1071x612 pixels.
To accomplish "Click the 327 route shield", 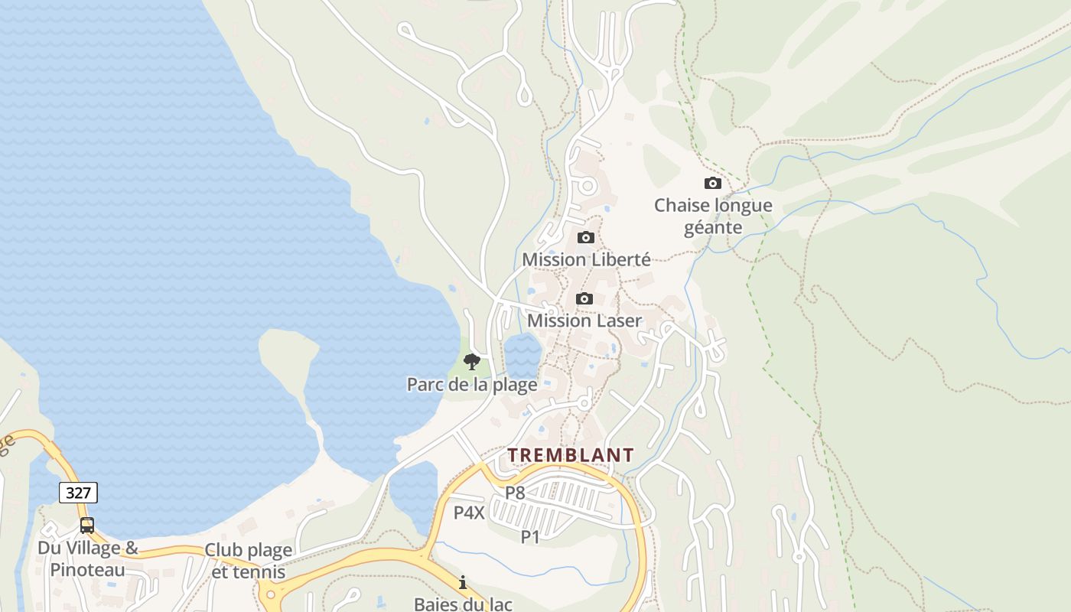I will click(78, 493).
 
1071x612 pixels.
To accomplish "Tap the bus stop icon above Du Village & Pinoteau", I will click(87, 526).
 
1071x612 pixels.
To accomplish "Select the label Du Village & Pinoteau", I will click(88, 558).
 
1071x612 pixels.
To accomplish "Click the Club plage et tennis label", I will click(248, 561).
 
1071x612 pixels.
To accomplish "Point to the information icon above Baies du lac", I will click(463, 583).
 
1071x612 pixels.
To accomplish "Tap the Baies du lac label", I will click(463, 604).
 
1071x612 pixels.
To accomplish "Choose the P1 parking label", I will click(530, 537).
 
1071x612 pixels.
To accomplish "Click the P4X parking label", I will click(469, 513).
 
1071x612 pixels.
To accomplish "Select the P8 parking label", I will click(515, 493).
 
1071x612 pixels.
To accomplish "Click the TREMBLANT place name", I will click(571, 455).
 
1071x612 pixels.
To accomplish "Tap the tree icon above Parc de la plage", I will click(472, 362).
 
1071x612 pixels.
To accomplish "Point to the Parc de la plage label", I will click(472, 384).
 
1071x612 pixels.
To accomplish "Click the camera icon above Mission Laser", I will click(584, 298).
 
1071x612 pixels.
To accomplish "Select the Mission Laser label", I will click(584, 321).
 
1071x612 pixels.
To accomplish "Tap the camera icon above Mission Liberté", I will click(586, 237).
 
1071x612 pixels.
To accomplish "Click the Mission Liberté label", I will click(586, 259).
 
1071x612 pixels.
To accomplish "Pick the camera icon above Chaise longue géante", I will click(712, 184).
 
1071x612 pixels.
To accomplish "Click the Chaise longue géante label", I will click(713, 216).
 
